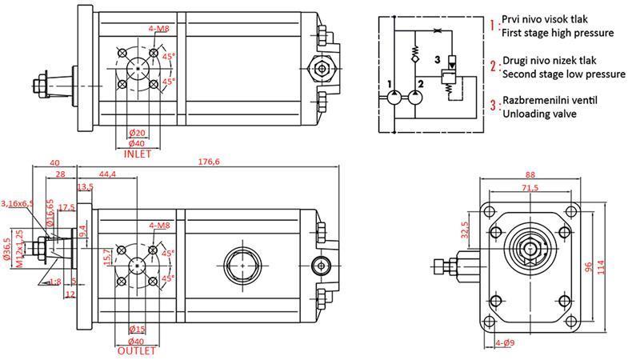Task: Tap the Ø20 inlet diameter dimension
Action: click(138, 133)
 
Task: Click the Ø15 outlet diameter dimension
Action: click(138, 330)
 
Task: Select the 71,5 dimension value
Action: click(530, 188)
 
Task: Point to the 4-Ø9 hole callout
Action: click(506, 344)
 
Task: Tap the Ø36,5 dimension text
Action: click(6, 251)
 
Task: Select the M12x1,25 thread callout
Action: click(18, 251)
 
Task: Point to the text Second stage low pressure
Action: click(563, 74)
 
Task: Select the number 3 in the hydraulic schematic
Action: click(436, 60)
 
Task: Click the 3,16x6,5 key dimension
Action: click(18, 204)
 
